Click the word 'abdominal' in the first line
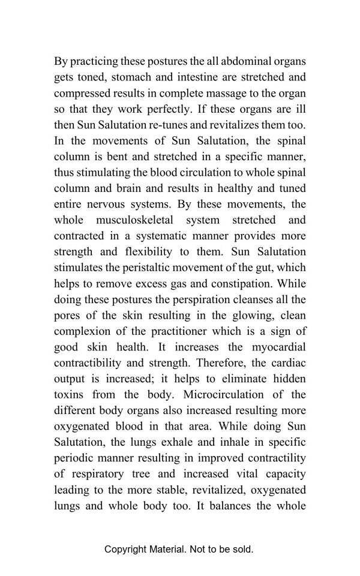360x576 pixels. tap(243, 61)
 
